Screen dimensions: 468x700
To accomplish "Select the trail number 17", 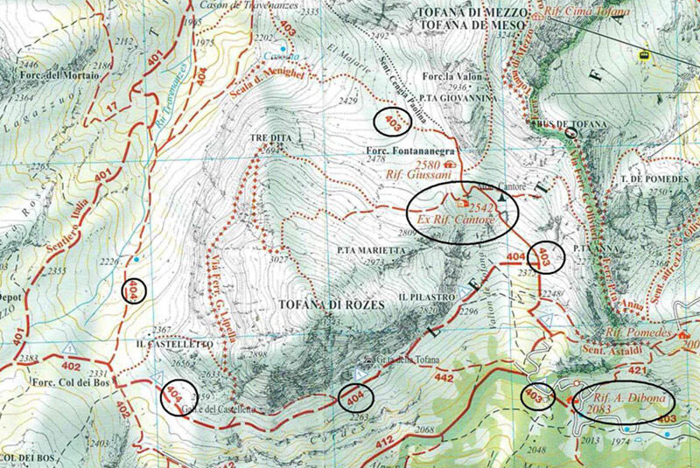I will [112, 108].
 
